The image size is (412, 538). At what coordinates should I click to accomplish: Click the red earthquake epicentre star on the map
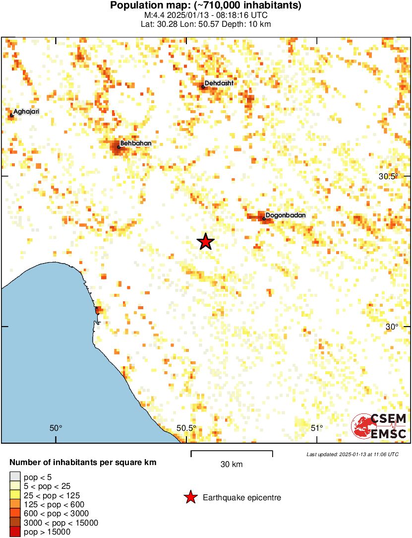click(205, 242)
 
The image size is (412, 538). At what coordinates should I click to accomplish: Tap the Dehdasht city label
click(219, 83)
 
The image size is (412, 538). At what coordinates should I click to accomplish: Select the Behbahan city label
click(135, 143)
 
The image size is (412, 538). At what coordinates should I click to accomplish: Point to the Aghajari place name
click(26, 112)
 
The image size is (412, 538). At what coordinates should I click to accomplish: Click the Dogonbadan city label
click(286, 215)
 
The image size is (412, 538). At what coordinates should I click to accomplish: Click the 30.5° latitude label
click(388, 177)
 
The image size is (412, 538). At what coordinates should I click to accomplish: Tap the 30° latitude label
click(392, 327)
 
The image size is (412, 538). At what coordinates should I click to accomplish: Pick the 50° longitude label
click(56, 428)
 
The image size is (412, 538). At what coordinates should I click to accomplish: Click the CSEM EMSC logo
click(379, 426)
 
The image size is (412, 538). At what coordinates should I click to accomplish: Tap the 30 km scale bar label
click(232, 465)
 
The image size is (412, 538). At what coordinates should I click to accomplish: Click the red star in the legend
click(190, 497)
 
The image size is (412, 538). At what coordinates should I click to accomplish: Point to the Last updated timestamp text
click(352, 454)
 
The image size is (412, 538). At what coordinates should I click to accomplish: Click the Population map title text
click(206, 6)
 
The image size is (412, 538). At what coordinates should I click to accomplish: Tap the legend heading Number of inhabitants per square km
click(83, 463)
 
